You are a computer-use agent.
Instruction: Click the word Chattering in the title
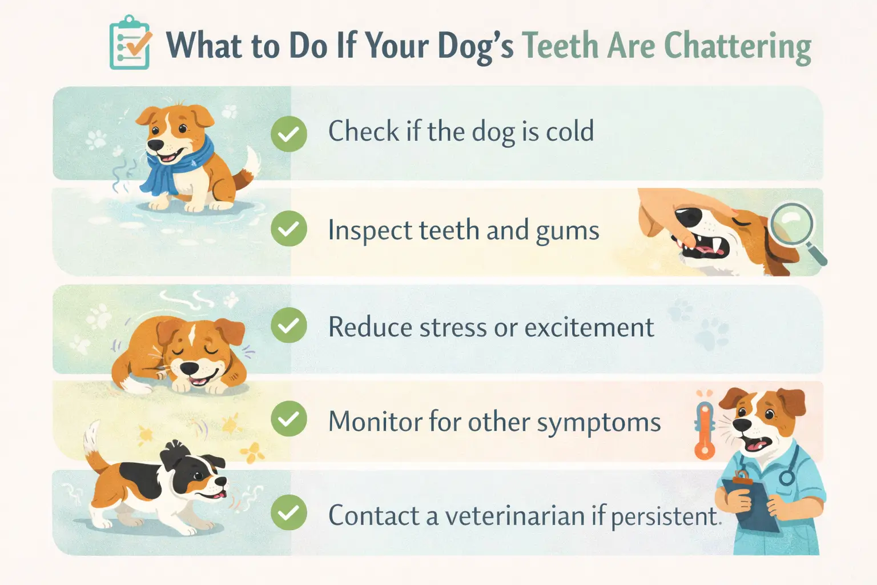[737, 46]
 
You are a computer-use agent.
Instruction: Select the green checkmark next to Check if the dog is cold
[289, 134]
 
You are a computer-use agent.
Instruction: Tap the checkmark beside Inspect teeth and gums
[289, 229]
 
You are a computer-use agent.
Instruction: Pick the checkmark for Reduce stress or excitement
[289, 326]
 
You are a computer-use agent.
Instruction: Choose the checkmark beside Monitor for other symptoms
[289, 419]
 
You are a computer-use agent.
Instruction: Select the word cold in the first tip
[570, 131]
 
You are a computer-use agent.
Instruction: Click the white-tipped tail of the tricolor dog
[91, 439]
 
